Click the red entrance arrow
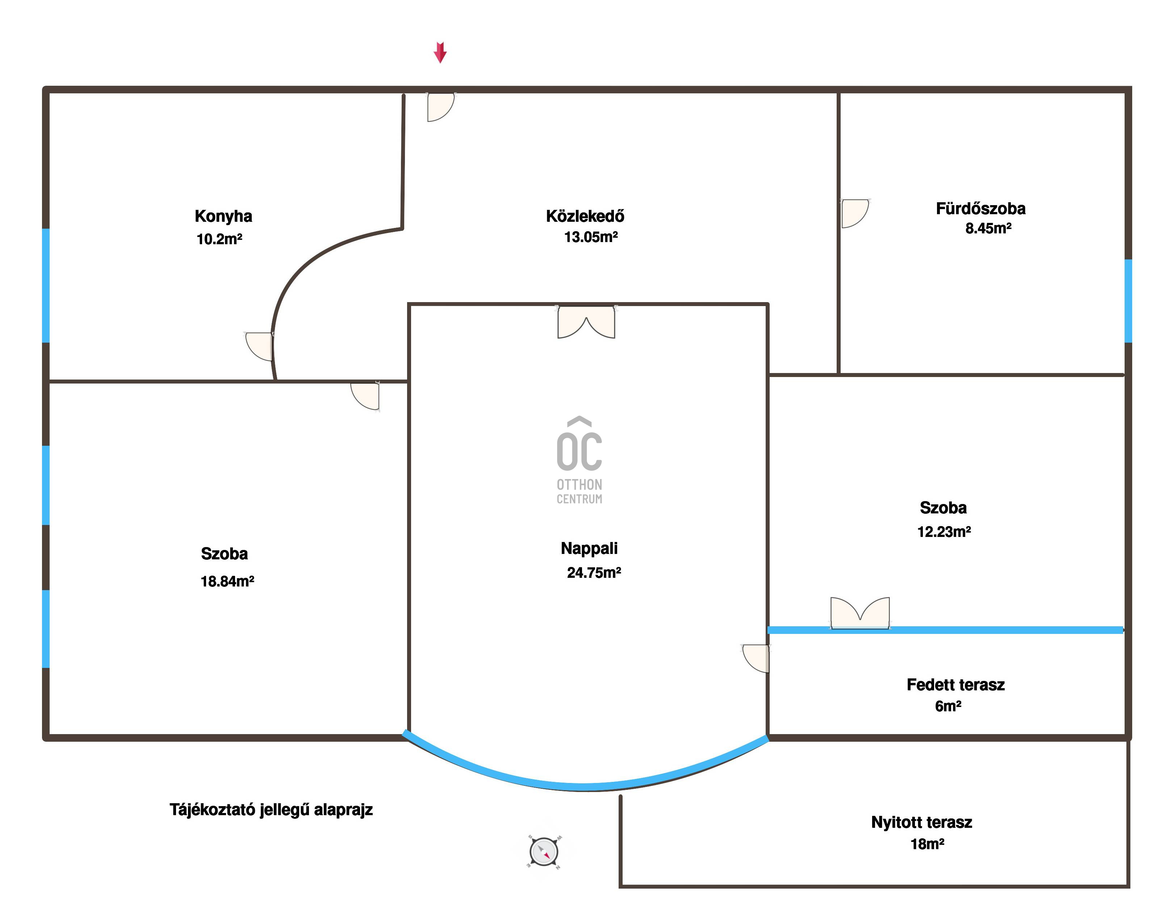pos(440,52)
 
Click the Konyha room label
pos(223,216)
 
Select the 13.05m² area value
pos(591,237)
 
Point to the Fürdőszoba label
pos(980,208)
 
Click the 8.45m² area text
pos(988,228)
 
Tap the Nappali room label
pos(589,549)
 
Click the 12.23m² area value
pos(944,532)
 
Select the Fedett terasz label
pos(955,685)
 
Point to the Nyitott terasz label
pos(921,822)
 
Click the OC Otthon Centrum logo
pos(579,460)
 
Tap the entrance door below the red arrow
pos(441,107)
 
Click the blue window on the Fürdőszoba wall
pos(1128,301)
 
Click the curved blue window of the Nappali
pos(585,786)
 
